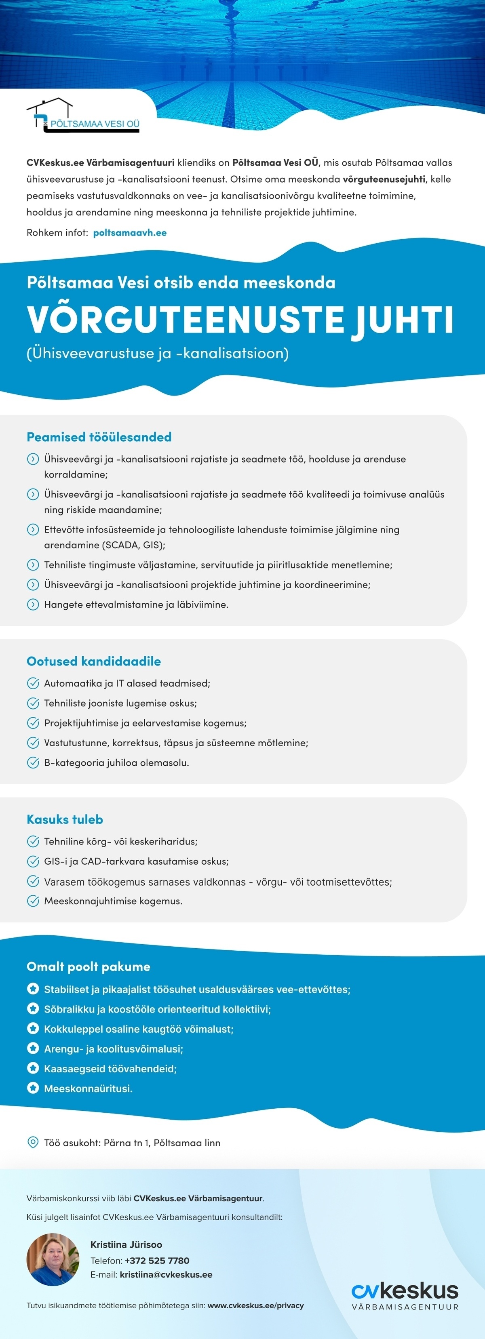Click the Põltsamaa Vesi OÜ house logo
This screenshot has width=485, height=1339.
point(83,116)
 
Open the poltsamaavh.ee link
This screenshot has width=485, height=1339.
point(130,233)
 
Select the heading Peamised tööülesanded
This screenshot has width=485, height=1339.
point(99,437)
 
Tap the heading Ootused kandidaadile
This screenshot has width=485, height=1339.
point(94,661)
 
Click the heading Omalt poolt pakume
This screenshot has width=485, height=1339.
point(89,967)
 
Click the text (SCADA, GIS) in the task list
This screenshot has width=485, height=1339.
point(134,545)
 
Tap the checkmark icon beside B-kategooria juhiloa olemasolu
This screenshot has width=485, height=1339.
point(33,762)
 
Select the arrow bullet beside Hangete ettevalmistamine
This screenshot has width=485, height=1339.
point(33,604)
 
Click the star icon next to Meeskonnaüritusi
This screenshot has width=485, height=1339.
point(33,1088)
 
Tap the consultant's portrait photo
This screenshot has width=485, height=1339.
point(53,1259)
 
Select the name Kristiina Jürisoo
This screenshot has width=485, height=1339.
point(127,1244)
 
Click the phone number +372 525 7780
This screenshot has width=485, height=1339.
point(157,1261)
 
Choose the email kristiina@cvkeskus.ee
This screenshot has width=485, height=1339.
point(166,1274)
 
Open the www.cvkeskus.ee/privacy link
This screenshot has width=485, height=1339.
point(256,1305)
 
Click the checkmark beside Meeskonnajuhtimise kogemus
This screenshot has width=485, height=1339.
point(33,901)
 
